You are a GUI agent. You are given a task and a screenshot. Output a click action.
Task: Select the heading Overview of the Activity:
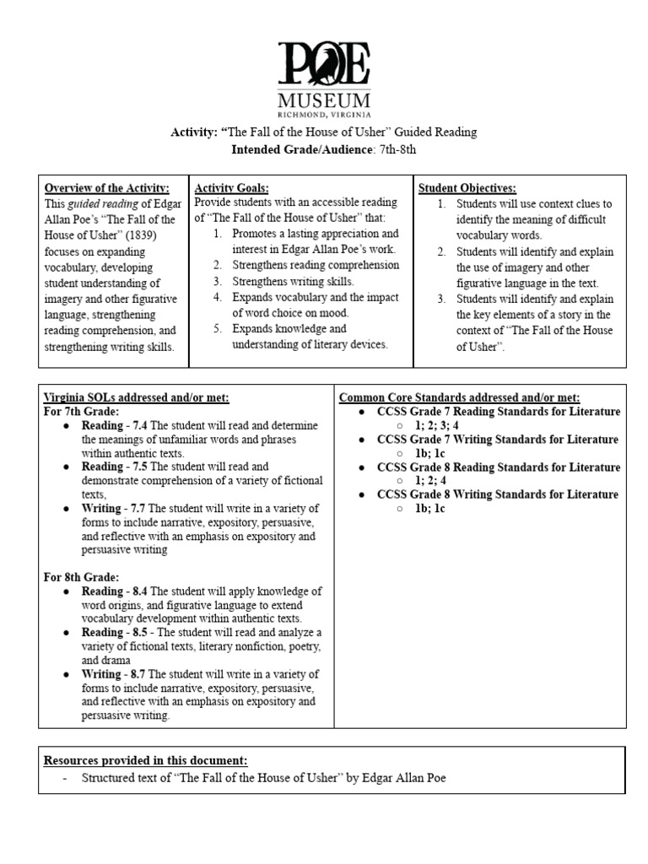click(106, 188)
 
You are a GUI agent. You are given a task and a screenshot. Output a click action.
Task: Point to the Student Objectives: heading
click(467, 188)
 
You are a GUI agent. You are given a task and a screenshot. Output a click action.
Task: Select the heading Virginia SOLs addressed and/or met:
click(137, 397)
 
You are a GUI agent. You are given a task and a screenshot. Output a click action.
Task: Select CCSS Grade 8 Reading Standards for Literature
click(498, 467)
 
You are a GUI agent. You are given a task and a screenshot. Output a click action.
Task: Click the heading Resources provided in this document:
click(146, 760)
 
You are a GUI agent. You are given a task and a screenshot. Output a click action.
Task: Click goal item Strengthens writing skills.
click(294, 282)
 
